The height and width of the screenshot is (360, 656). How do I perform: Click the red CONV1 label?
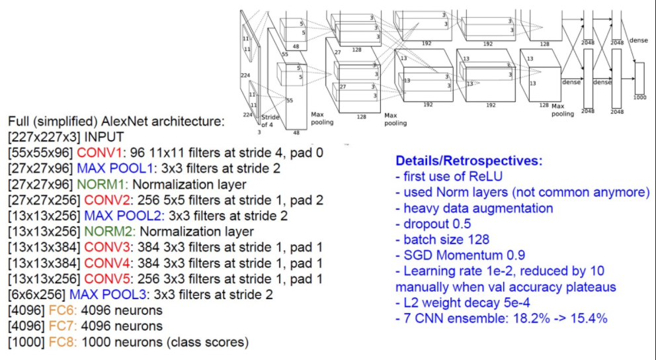[x=96, y=153]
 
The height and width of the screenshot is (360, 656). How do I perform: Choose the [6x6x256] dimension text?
[x=34, y=294]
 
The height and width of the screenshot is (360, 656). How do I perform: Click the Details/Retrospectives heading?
[x=470, y=161]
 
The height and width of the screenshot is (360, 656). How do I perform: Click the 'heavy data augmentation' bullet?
[x=474, y=208]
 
